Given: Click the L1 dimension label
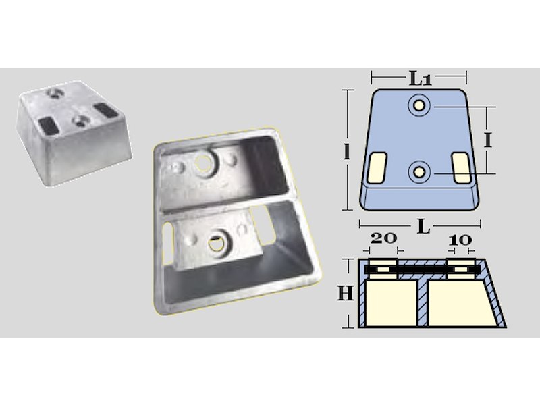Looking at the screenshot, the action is pos(420,79).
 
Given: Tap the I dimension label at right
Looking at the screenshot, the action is pos(487,140).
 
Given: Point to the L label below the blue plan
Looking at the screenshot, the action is pos(424,226).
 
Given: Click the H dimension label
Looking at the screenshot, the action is pos(346,294).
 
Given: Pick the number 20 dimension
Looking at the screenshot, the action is pos(383,238).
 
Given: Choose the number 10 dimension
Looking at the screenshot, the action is pos(460,240).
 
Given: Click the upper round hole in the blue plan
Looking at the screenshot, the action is pos(419,105).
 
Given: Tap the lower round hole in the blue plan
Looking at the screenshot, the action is pos(419,171).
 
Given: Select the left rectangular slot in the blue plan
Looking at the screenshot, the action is pos(377,167).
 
